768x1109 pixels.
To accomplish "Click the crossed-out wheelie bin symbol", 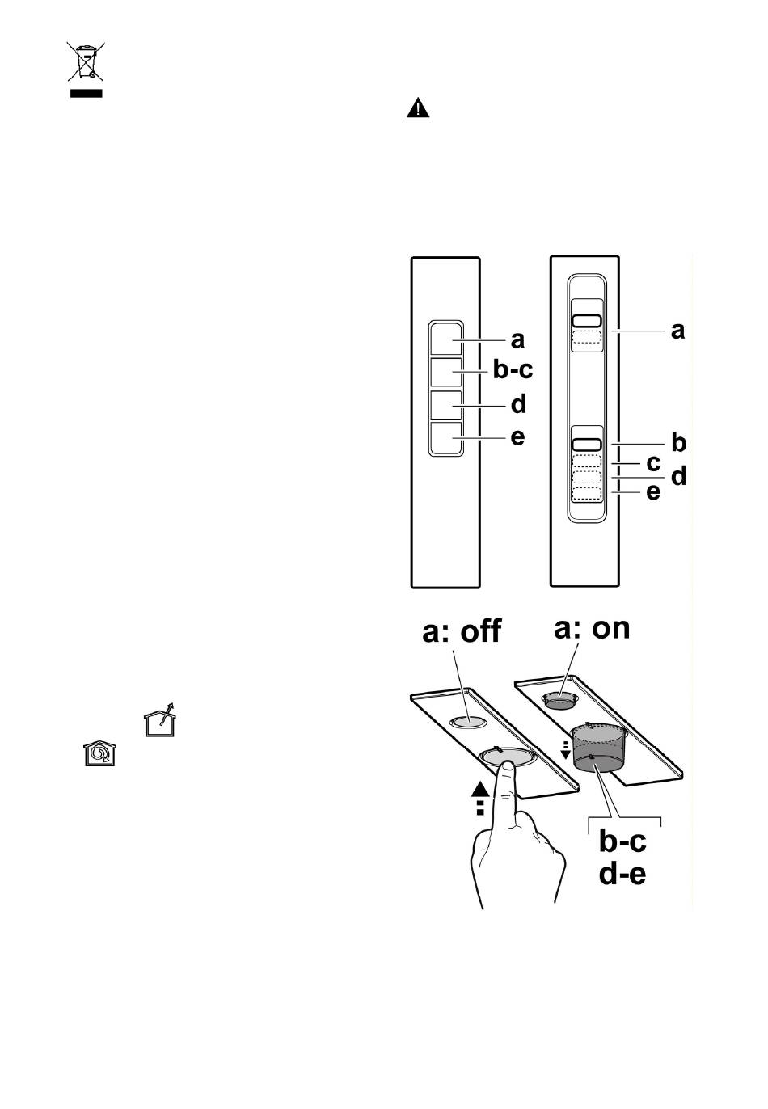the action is tap(86, 61).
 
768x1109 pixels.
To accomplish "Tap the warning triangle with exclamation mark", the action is tap(417, 108).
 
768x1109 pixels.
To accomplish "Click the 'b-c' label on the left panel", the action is tap(513, 370).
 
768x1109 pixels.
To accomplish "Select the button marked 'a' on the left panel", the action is tap(445, 339).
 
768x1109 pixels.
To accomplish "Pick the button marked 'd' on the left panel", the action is tap(445, 405).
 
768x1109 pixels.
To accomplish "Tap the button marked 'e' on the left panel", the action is tap(445, 438).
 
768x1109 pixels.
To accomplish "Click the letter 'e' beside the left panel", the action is tap(517, 437).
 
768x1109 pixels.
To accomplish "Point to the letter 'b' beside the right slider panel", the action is tap(678, 441).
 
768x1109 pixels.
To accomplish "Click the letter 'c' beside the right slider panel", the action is tap(653, 463).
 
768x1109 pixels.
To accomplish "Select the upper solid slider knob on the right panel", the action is tap(587, 321).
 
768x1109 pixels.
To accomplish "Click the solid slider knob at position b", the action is tap(587, 445).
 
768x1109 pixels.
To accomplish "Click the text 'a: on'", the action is tap(592, 628).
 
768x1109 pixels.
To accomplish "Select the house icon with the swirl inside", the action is tap(100, 753).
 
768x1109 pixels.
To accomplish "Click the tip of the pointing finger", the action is tap(506, 765).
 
